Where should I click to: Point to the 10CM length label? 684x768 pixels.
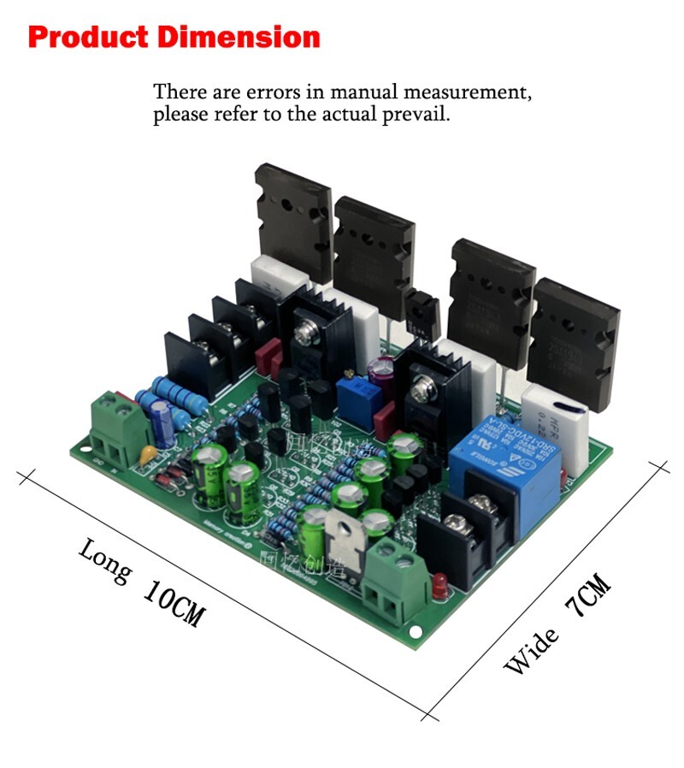172,604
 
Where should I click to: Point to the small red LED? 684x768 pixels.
441,587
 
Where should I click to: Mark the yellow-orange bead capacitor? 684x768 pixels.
148,455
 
